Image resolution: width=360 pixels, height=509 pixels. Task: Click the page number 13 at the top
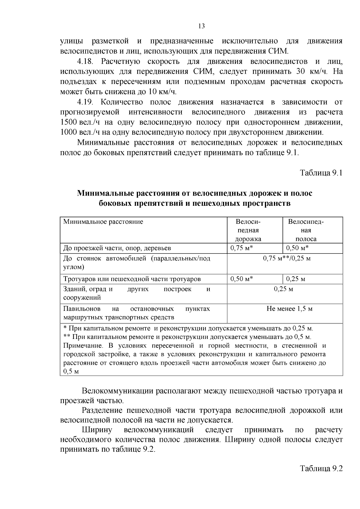coord(202,26)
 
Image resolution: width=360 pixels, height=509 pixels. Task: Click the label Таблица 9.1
coord(321,173)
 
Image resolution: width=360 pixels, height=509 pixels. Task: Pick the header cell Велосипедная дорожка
coord(248,230)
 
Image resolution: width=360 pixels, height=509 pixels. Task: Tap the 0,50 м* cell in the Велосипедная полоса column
coord(297,248)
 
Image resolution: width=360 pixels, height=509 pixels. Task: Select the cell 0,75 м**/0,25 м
coord(286,258)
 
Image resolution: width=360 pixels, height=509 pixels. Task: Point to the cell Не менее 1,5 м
coord(289,309)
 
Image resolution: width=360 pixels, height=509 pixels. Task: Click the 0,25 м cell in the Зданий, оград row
coord(283,289)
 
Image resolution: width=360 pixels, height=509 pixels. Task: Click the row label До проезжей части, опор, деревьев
coord(117,248)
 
